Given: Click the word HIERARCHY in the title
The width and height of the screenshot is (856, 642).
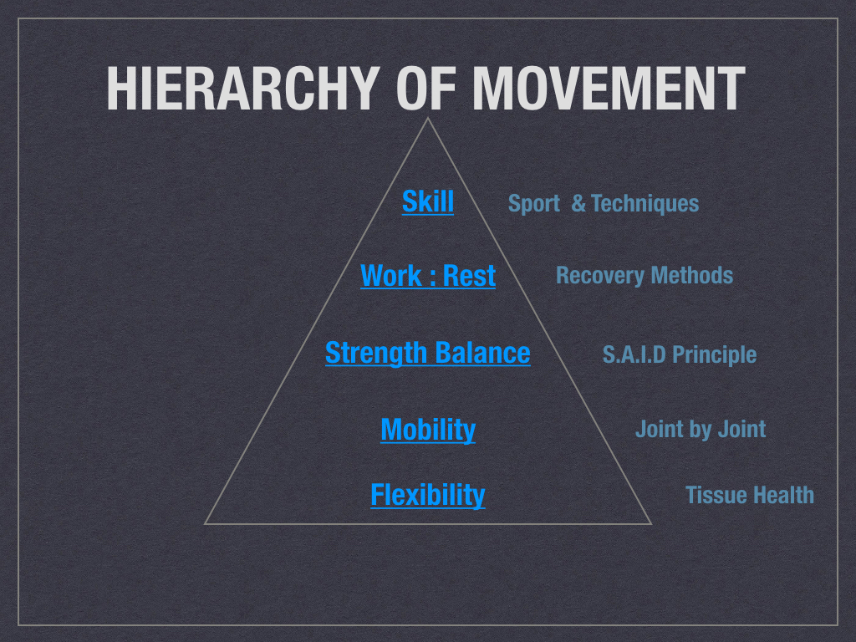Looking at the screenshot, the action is point(243,88).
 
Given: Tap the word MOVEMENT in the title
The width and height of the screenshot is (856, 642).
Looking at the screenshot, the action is point(609,88).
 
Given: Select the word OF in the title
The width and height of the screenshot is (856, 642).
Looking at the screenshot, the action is point(425,88).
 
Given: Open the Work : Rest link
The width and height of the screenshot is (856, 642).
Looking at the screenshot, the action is point(428,275).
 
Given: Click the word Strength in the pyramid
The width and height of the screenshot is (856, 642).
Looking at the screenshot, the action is point(375,354).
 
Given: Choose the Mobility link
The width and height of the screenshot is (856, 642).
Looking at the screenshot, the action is point(428,430).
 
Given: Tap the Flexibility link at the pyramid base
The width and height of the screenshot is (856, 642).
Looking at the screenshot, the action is point(427,495).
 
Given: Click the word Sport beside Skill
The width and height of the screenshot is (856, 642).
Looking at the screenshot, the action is point(534,204).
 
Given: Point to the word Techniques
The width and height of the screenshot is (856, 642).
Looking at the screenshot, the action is point(645,203).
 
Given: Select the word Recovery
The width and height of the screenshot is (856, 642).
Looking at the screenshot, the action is point(599,276).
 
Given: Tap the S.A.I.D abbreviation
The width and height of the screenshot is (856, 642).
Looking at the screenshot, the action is point(634,354).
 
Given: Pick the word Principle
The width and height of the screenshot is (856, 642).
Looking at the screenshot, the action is point(714,354).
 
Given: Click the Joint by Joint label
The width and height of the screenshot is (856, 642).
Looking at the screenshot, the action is point(701,429).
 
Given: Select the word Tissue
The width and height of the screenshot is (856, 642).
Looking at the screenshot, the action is point(712,495).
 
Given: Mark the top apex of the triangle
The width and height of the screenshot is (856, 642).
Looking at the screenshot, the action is point(427,118).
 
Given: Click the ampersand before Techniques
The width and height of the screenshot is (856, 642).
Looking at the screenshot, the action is point(578,203).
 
